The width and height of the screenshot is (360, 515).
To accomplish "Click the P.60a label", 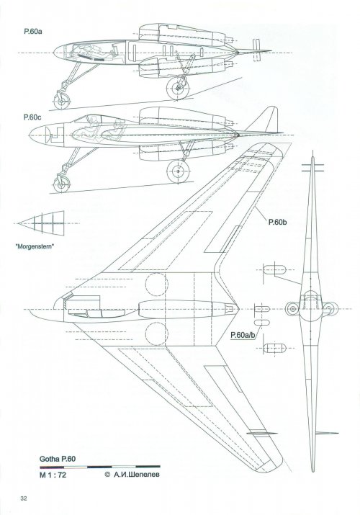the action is pos(32,32).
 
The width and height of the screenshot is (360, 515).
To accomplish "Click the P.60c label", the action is pos(32,117).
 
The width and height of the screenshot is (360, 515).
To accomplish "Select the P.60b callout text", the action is pos(278,223).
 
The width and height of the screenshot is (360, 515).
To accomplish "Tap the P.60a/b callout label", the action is pos(243,336).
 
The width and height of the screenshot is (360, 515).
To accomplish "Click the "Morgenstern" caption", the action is pos(35,246).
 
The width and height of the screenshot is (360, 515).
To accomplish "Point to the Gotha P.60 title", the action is pos(58,459).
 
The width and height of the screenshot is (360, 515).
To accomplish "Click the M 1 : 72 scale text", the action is pos(53,475).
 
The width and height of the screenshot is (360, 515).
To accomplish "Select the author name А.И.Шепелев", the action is pos(137,475).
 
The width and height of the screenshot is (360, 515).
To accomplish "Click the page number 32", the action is pos(23,498).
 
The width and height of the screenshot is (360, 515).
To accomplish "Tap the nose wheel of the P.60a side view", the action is pos(62,101).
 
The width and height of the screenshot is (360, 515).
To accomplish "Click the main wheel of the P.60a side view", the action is pos(178,89).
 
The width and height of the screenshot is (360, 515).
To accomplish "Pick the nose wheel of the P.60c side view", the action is pos(62,184).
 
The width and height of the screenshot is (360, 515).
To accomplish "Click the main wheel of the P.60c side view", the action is pos(178,171).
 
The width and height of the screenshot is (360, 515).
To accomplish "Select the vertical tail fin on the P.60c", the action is pos(266,120).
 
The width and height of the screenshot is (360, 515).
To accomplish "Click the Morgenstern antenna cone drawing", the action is pos(41,223).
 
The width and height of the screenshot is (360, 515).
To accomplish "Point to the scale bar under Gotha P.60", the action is pos(100,467).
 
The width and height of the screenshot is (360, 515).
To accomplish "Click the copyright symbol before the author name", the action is pos(107,475).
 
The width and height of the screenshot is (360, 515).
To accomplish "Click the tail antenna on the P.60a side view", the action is pos(257,50).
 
